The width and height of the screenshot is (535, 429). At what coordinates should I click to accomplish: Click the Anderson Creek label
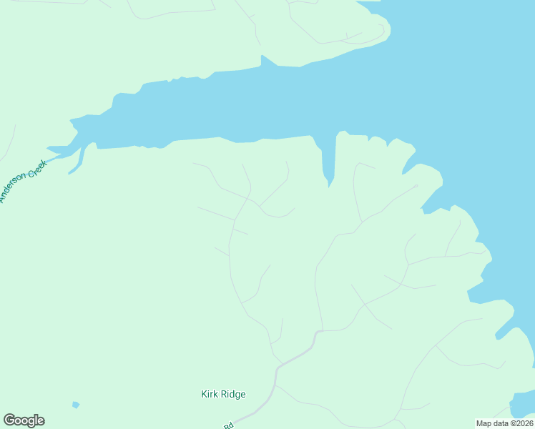pos(24,181)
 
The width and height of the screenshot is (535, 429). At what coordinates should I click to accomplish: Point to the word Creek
pos(38,168)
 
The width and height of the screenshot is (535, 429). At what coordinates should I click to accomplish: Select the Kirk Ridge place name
pos(223,394)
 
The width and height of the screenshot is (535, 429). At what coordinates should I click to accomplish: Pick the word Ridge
pos(232,394)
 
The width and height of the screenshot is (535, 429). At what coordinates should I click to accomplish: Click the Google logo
pos(24,420)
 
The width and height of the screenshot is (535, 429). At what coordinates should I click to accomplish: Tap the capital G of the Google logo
pos(9,420)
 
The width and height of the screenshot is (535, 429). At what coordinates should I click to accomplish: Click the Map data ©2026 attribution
pos(504,423)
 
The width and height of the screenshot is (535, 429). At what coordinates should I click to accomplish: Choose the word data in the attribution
pos(499,423)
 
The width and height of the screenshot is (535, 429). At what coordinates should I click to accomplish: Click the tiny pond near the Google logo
pos(76,405)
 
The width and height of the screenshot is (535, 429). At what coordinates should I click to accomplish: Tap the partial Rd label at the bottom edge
pos(229,426)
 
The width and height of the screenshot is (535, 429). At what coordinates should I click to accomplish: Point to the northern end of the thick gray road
pos(317,332)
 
